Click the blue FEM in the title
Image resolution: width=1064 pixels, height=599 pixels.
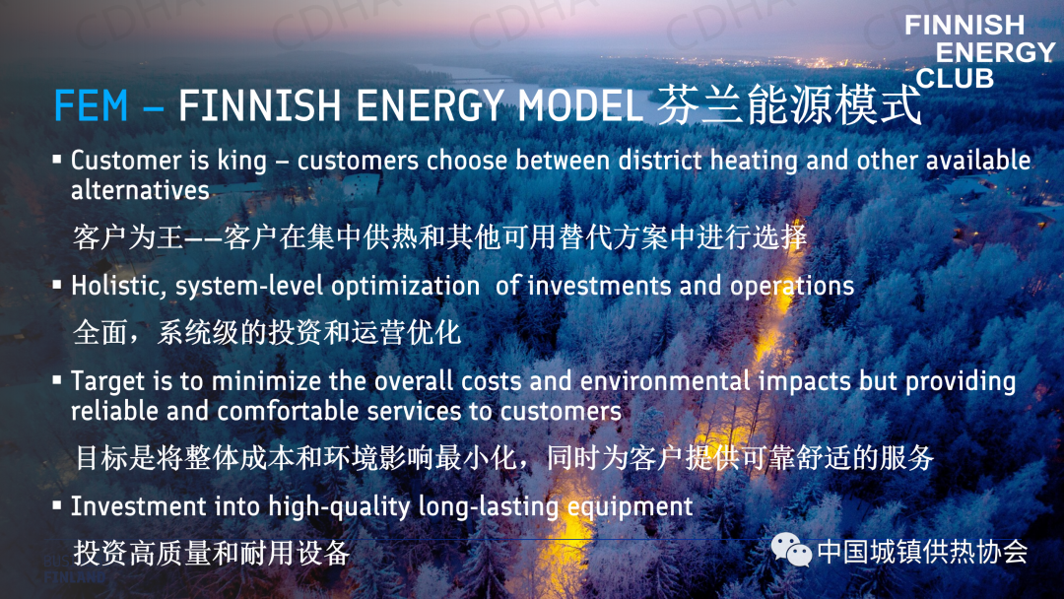point(91,105)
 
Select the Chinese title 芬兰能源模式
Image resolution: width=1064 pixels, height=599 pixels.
point(788,105)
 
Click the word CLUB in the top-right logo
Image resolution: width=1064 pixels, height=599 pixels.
point(955,79)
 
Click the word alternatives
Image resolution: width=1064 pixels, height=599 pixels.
point(140,190)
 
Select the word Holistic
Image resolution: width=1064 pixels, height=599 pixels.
point(118,287)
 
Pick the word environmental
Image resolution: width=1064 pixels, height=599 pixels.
point(665,381)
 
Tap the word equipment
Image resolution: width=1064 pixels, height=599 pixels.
point(630,507)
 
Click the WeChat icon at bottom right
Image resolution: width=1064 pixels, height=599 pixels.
point(791,550)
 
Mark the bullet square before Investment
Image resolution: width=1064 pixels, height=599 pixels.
point(57,505)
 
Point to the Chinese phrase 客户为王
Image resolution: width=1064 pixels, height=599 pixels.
point(128,237)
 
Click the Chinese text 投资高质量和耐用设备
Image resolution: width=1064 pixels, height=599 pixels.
point(212,553)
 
